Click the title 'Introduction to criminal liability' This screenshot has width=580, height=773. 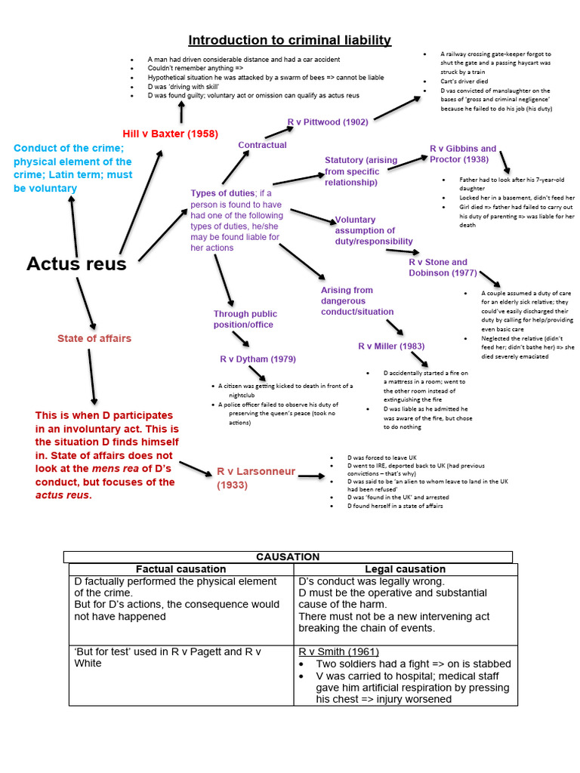click(289, 40)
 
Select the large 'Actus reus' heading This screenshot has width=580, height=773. click(76, 263)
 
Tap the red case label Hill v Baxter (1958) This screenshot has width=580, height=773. click(170, 134)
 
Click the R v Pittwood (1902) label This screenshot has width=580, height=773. click(327, 122)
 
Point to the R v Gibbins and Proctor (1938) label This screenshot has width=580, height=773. click(463, 154)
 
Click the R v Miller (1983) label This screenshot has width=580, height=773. click(391, 346)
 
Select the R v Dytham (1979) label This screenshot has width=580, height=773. click(258, 359)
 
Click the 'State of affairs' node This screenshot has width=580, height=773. click(94, 338)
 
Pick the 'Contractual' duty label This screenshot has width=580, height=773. click(262, 145)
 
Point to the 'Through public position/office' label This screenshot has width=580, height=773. click(245, 319)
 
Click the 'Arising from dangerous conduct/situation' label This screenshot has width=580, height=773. click(357, 300)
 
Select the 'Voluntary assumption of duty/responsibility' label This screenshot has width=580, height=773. click(374, 230)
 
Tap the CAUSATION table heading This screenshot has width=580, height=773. click(288, 556)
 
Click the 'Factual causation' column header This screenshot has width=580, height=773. click(180, 568)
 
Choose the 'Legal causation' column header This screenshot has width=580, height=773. click(405, 568)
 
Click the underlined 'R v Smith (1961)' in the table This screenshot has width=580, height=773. click(339, 651)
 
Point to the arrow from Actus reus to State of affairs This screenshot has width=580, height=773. click(85, 303)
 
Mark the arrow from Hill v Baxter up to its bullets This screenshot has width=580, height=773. click(180, 112)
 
